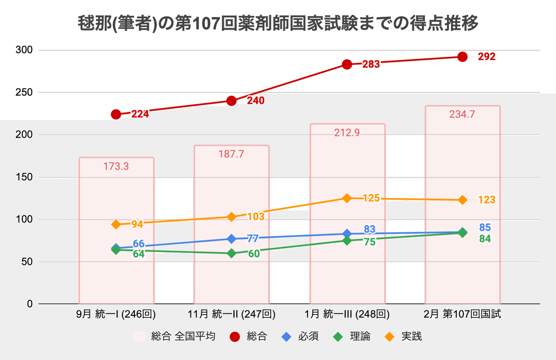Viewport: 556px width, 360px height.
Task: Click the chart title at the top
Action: click(x=278, y=23)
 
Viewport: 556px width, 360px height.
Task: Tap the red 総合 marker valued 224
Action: click(x=116, y=114)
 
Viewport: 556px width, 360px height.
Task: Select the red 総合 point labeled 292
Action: click(x=462, y=57)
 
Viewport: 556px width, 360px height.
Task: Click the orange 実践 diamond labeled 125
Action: click(x=347, y=198)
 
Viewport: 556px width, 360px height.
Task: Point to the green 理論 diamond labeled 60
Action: click(x=232, y=253)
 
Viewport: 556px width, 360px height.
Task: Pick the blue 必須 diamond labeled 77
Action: click(x=232, y=239)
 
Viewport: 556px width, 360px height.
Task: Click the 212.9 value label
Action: click(x=347, y=133)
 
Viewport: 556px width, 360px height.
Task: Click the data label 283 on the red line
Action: click(x=371, y=64)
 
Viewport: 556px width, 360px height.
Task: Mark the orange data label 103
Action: click(x=255, y=216)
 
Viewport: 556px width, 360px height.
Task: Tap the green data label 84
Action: click(x=485, y=239)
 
